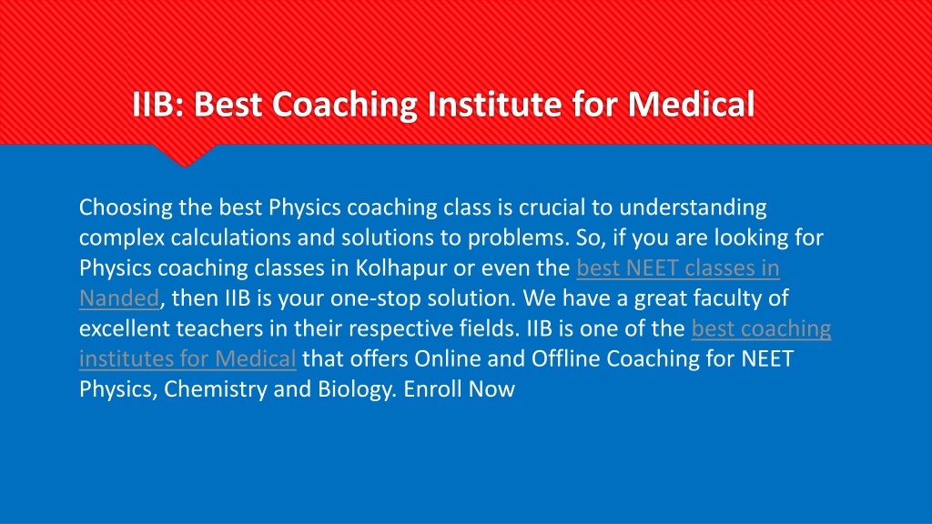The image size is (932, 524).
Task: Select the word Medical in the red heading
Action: [692, 104]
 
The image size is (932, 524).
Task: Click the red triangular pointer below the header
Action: [184, 155]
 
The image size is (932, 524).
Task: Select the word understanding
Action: [693, 208]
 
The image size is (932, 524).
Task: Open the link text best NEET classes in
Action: [678, 268]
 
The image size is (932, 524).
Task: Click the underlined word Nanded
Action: [119, 298]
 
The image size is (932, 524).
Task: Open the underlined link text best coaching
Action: [762, 328]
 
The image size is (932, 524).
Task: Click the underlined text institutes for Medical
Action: [187, 358]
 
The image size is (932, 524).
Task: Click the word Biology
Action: [357, 389]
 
